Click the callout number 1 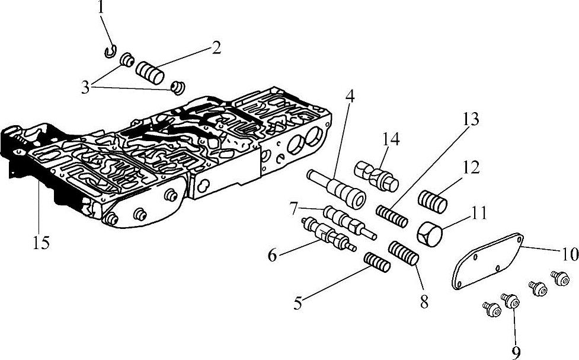point(101,8)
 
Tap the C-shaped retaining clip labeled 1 point(110,53)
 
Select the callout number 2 point(216,48)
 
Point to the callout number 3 point(87,87)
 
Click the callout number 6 point(273,255)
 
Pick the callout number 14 point(391,140)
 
